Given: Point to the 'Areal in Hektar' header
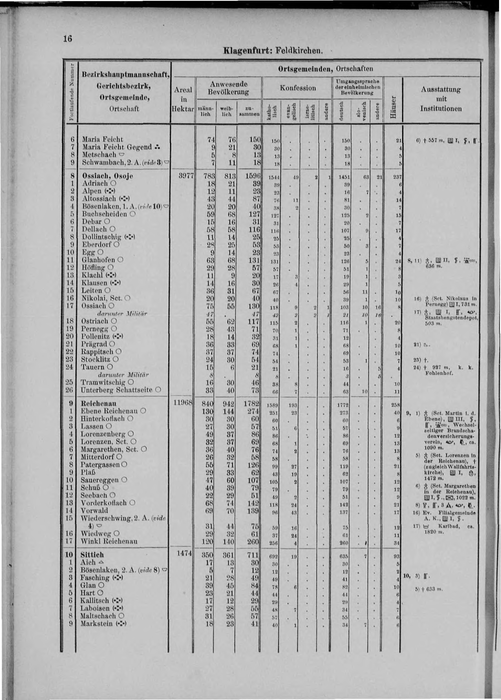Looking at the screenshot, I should pyautogui.click(x=183, y=99).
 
